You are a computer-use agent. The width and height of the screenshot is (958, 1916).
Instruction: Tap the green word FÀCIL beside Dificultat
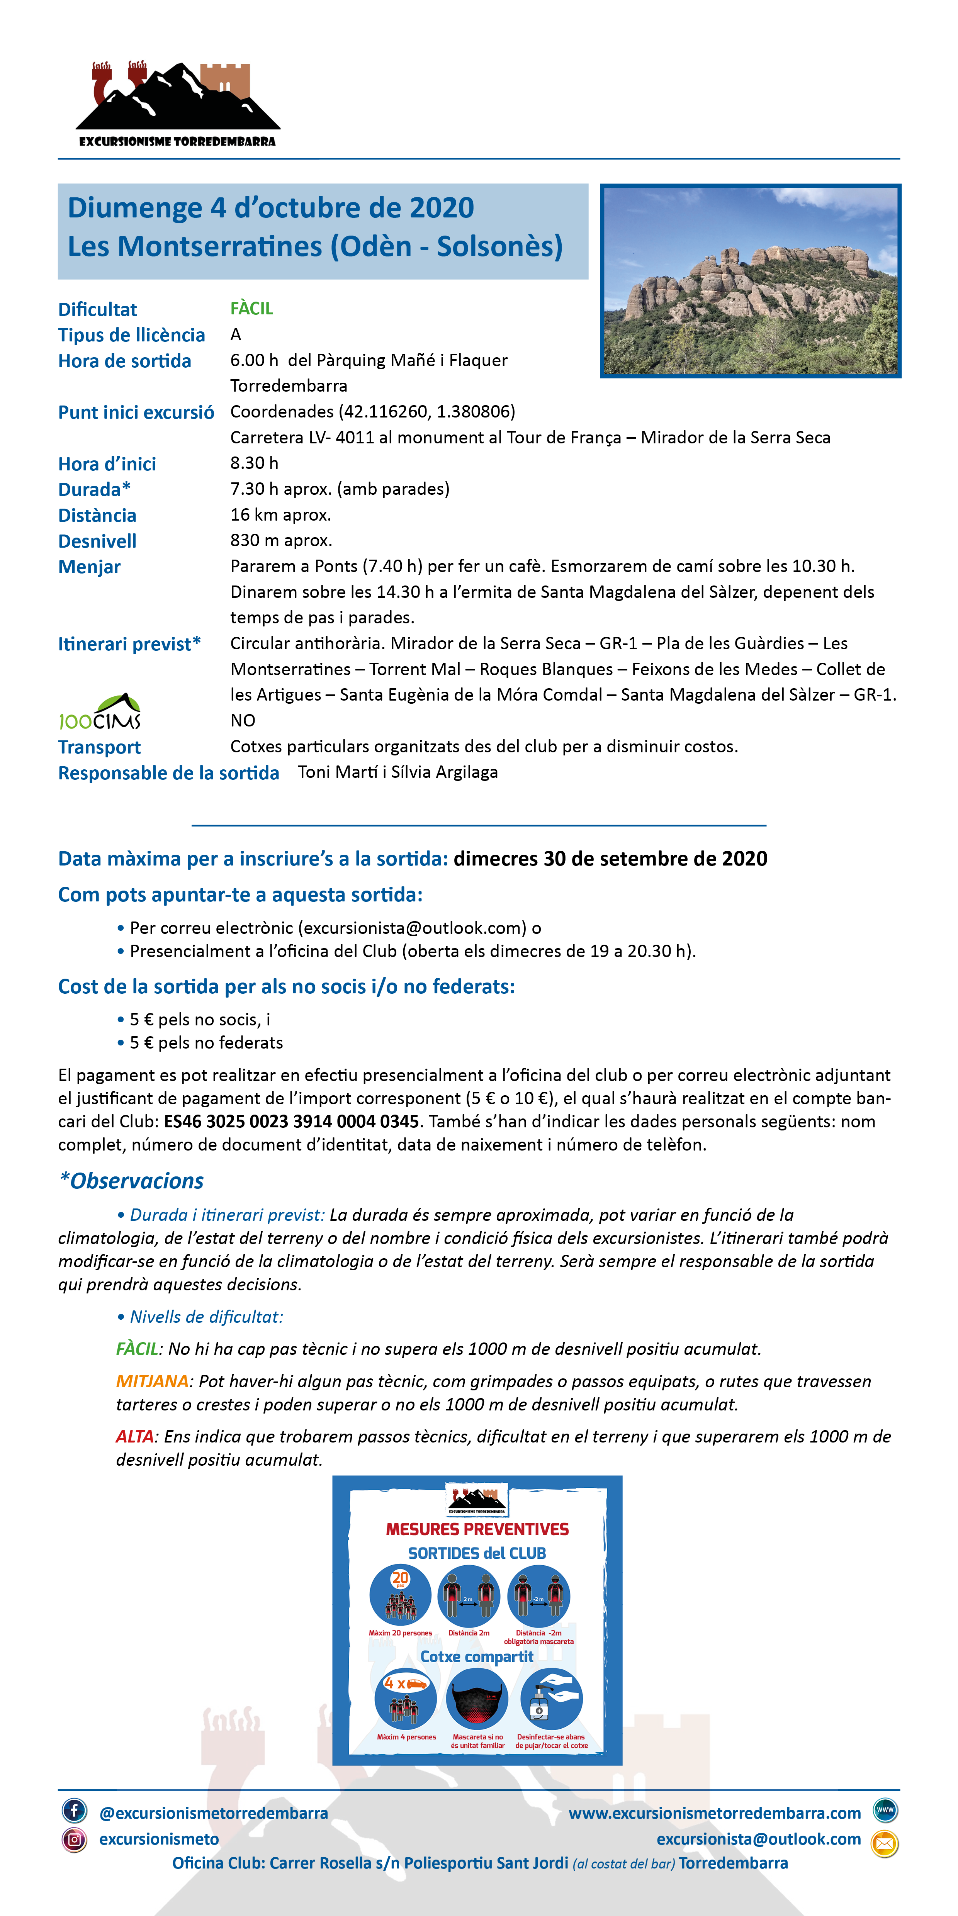[x=251, y=309]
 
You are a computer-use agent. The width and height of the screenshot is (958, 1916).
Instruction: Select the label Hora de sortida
[x=124, y=361]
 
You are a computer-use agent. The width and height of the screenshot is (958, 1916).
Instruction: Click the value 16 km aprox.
[x=280, y=515]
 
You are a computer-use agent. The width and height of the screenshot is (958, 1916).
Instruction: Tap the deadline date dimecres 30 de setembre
[x=610, y=859]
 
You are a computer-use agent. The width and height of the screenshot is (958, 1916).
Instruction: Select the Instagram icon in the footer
[x=75, y=1840]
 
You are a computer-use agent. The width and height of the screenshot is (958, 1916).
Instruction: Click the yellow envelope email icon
[x=884, y=1844]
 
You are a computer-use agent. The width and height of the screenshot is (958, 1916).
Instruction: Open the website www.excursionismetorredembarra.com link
[x=714, y=1813]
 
